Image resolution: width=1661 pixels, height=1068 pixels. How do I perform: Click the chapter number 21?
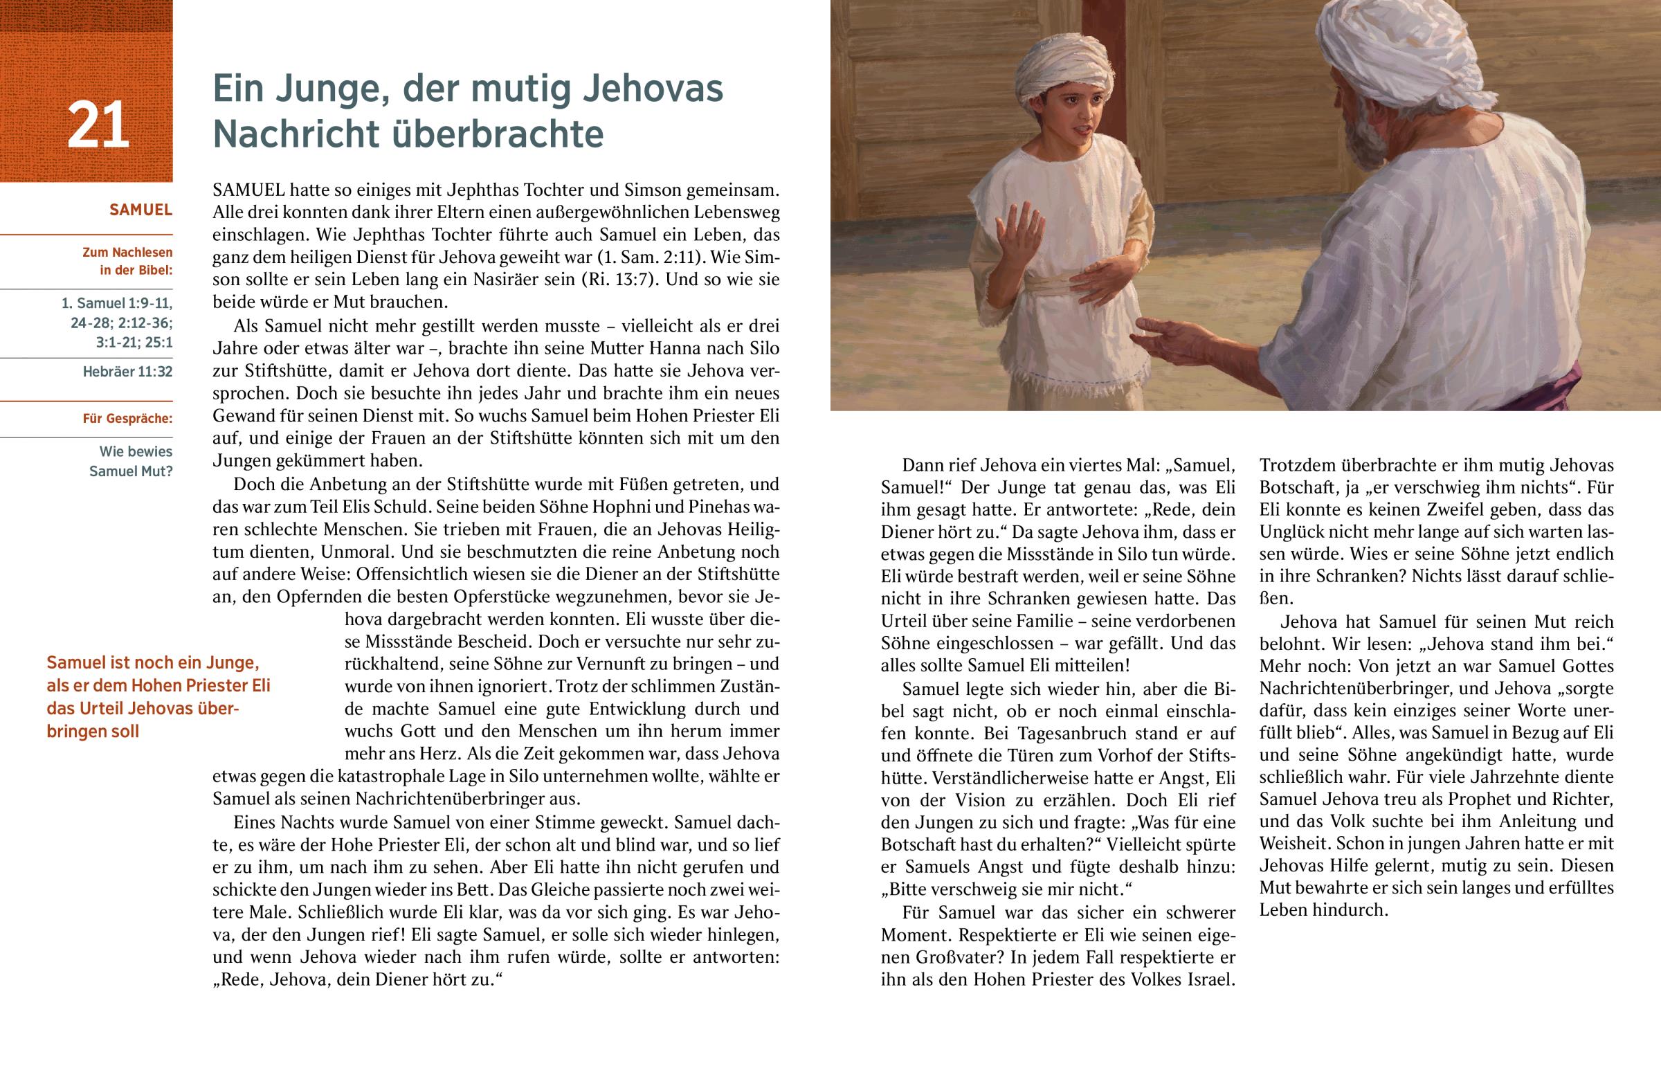tap(98, 125)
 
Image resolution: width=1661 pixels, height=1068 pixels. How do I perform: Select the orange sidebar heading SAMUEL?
tap(140, 210)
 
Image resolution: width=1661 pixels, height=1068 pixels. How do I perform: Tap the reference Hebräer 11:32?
tap(127, 372)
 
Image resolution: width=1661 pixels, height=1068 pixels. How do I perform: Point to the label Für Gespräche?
tap(127, 419)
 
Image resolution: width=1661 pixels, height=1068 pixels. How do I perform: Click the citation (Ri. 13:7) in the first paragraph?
tap(631, 280)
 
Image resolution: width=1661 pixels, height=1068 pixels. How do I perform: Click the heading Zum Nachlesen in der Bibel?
tap(127, 262)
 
